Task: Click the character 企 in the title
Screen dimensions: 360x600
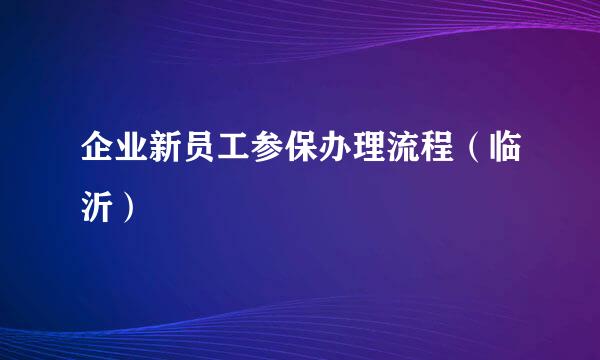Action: [x=99, y=159]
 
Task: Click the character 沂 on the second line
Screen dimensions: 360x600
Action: [x=99, y=207]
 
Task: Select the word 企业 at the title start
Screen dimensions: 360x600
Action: [x=118, y=159]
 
